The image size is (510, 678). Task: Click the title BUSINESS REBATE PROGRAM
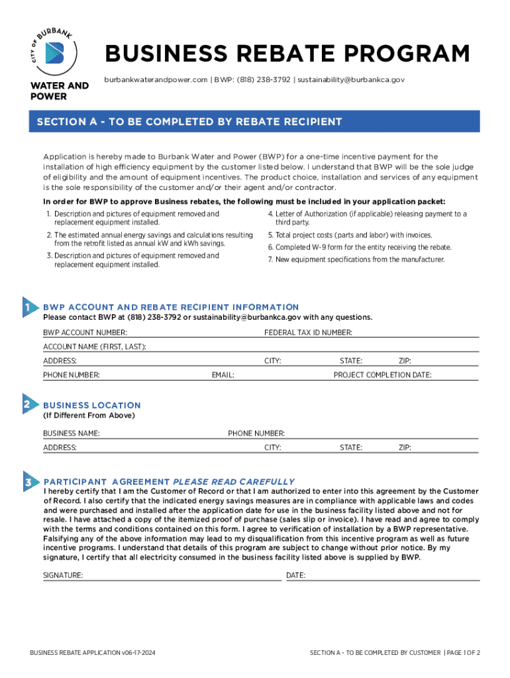pyautogui.click(x=287, y=54)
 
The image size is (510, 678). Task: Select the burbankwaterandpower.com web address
pyautogui.click(x=156, y=79)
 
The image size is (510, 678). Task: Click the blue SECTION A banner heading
pyautogui.click(x=189, y=122)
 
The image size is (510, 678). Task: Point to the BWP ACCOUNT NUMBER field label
pyautogui.click(x=85, y=332)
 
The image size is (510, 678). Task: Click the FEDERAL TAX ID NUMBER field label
pyautogui.click(x=308, y=332)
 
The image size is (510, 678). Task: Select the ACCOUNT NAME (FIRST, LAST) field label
pyautogui.click(x=95, y=347)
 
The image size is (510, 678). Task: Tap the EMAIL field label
pyautogui.click(x=223, y=375)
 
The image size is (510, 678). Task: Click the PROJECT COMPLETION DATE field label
pyautogui.click(x=382, y=375)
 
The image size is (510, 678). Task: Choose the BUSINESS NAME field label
pyautogui.click(x=72, y=434)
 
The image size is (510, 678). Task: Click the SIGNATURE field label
pyautogui.click(x=63, y=576)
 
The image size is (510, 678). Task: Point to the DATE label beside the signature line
pyautogui.click(x=295, y=576)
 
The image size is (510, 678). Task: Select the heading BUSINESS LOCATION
pyautogui.click(x=92, y=405)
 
